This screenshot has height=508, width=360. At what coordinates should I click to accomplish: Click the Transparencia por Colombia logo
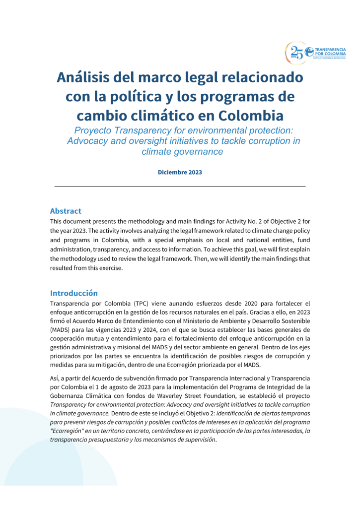(316, 53)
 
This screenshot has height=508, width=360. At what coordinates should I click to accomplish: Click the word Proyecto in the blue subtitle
(94, 130)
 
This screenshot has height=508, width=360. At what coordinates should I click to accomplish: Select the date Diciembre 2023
(180, 173)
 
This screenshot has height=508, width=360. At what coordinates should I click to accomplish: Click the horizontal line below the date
(180, 186)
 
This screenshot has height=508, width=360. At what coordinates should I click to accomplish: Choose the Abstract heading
(66, 211)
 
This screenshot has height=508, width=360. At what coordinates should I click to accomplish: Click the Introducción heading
(74, 293)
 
